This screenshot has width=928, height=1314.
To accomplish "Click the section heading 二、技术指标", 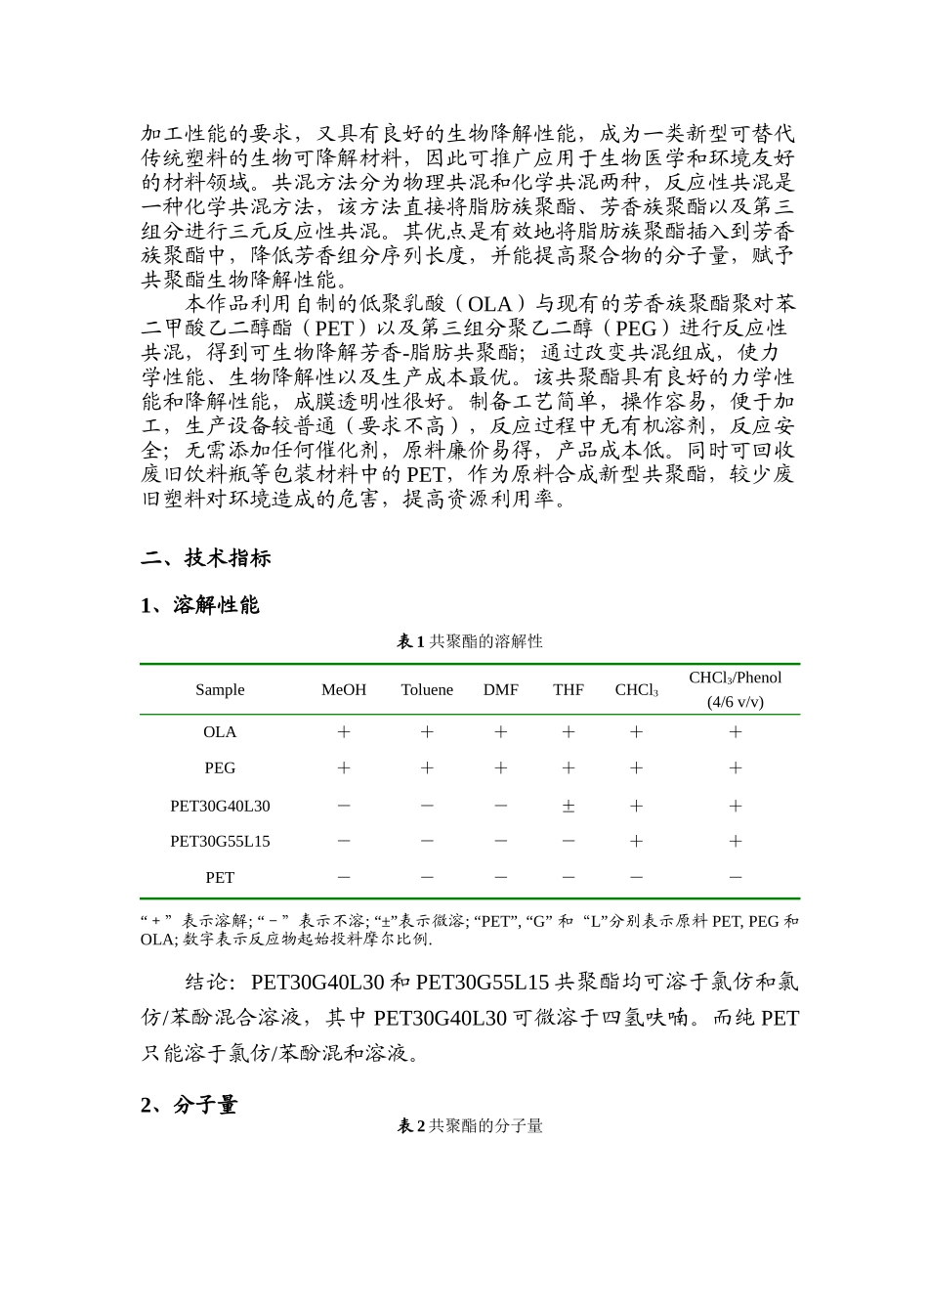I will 205,558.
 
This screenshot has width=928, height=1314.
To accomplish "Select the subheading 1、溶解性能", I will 199,605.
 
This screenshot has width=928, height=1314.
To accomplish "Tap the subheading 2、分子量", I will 189,1105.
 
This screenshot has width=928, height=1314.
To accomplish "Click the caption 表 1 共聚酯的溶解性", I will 469,641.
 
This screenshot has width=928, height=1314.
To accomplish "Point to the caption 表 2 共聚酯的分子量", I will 469,1126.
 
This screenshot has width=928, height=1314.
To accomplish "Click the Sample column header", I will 220,689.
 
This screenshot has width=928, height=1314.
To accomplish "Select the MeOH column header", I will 344,689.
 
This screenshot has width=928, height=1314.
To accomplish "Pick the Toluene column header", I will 427,689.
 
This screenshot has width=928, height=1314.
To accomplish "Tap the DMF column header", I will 501,689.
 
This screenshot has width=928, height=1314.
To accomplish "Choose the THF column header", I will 569,689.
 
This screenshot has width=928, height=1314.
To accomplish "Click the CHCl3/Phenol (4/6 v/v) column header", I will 735,689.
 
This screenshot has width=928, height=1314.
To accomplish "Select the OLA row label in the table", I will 220,732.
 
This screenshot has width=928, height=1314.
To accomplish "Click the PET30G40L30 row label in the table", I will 220,806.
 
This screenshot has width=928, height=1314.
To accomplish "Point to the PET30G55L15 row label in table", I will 220,841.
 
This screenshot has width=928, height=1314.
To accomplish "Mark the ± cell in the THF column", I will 569,807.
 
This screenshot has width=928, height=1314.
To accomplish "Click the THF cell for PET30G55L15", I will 569,841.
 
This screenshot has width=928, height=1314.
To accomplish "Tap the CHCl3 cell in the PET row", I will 636,877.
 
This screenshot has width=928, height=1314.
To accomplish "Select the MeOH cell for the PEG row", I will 344,768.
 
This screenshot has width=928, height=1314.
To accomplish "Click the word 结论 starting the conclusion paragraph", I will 206,982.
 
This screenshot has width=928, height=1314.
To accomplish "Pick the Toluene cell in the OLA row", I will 427,732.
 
